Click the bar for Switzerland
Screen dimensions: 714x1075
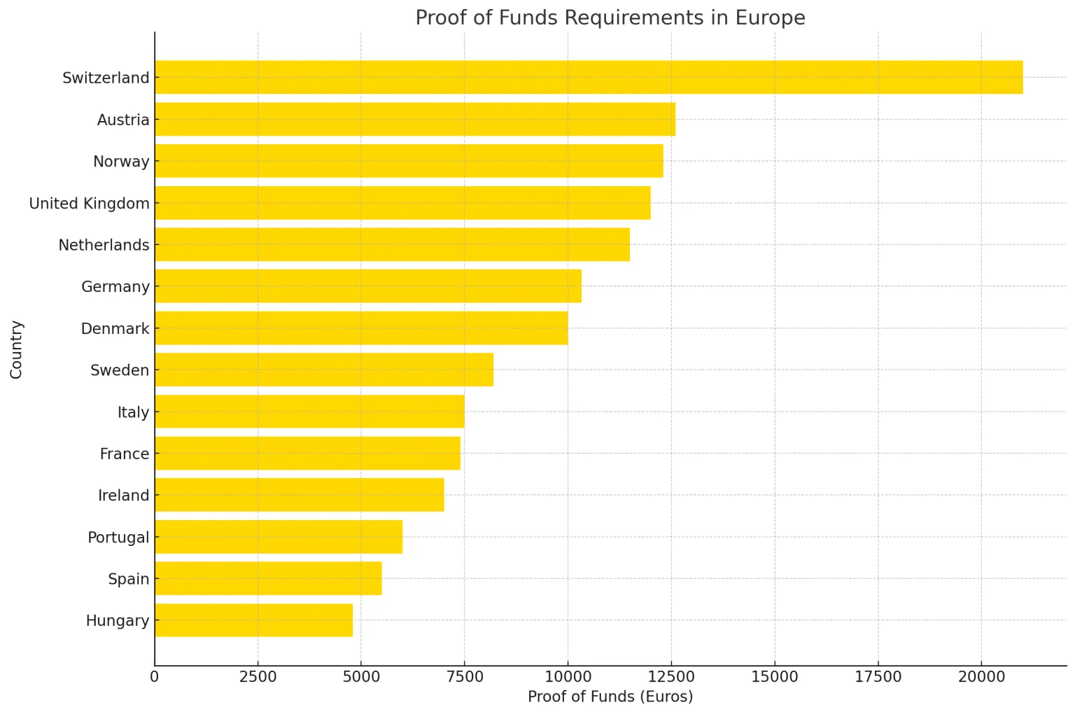tap(588, 77)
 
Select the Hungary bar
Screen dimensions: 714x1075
tap(253, 620)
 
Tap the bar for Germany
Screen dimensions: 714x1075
tap(367, 286)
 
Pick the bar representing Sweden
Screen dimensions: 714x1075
tap(323, 370)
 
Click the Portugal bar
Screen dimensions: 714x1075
tap(278, 537)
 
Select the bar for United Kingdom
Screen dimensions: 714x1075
tap(402, 203)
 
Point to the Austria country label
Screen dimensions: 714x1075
tap(123, 120)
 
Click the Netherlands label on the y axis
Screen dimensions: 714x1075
tap(104, 245)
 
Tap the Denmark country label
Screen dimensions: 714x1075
tap(115, 328)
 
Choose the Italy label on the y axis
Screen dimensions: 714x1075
tap(133, 412)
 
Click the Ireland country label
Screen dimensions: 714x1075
tap(123, 496)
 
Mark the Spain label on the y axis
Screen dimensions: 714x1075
tap(128, 579)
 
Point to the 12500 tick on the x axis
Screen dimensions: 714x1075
tap(670, 677)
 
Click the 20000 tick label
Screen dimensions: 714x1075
tap(981, 677)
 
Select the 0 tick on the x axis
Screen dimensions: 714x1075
tap(155, 677)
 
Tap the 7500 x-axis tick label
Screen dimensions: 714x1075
tap(464, 677)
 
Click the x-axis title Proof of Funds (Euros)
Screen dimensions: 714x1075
tap(610, 696)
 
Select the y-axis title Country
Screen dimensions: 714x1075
tap(17, 349)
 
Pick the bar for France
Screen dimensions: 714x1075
tap(307, 454)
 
